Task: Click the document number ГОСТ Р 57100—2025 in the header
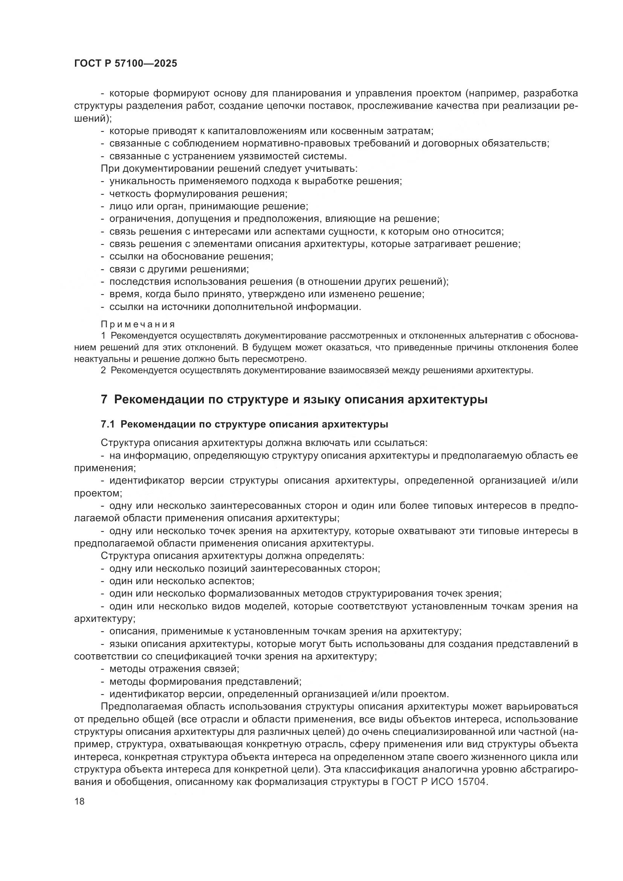coord(125,64)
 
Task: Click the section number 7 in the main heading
coord(104,399)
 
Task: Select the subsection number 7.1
coord(108,424)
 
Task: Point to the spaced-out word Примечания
coord(138,325)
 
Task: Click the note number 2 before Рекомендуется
coord(103,371)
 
